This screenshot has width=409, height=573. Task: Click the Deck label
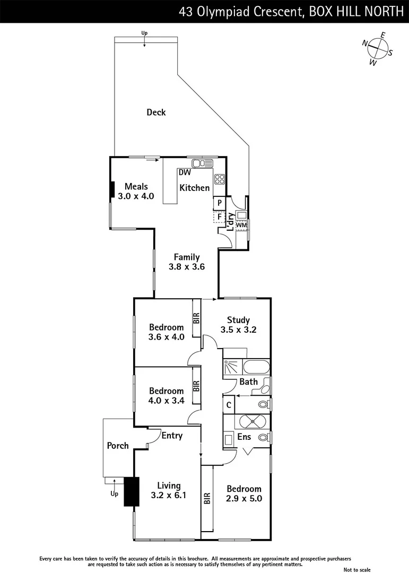[156, 112]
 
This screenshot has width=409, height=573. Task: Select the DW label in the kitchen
[185, 172]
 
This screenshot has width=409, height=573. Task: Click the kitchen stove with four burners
[220, 179]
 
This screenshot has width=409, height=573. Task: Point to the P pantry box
[219, 203]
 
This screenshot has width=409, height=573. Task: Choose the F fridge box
[219, 216]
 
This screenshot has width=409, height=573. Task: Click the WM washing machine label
[241, 225]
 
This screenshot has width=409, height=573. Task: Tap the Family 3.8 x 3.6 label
[186, 262]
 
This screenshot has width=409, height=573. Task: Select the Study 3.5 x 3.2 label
[238, 325]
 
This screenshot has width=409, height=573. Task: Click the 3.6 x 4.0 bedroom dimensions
[166, 337]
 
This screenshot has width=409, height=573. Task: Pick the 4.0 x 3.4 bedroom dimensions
[166, 401]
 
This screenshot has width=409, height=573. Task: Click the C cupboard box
[228, 404]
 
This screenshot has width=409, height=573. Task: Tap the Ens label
[244, 438]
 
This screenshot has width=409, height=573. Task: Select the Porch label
[118, 446]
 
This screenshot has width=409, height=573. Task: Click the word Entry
[172, 436]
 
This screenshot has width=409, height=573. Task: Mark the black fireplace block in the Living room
[131, 492]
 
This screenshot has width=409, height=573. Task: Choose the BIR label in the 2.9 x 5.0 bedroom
[207, 498]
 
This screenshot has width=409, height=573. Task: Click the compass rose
[377, 48]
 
